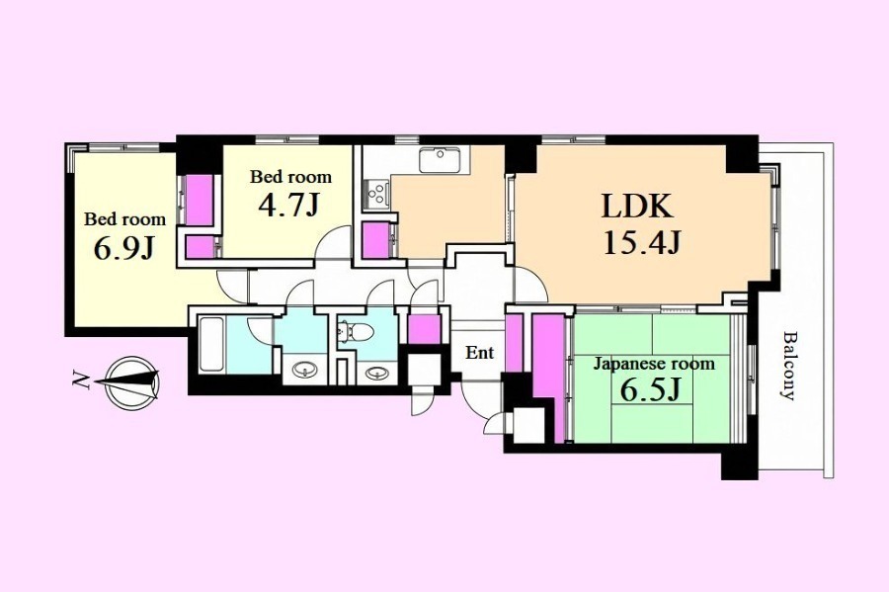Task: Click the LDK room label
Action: pyautogui.click(x=637, y=207)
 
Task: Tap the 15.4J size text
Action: pyautogui.click(x=641, y=243)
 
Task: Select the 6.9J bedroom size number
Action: pyautogui.click(x=124, y=248)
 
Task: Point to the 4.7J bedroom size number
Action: pyautogui.click(x=288, y=206)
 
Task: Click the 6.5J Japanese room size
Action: pyautogui.click(x=650, y=389)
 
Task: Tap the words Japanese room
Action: pyautogui.click(x=654, y=364)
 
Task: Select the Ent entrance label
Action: pyautogui.click(x=480, y=353)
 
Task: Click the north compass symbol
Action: pyautogui.click(x=131, y=383)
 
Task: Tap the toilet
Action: pyautogui.click(x=355, y=330)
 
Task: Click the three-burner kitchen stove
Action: pyautogui.click(x=375, y=193)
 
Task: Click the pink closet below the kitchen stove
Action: pyautogui.click(x=376, y=241)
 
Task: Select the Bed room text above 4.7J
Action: pyautogui.click(x=290, y=177)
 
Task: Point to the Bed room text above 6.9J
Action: pyautogui.click(x=124, y=218)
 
